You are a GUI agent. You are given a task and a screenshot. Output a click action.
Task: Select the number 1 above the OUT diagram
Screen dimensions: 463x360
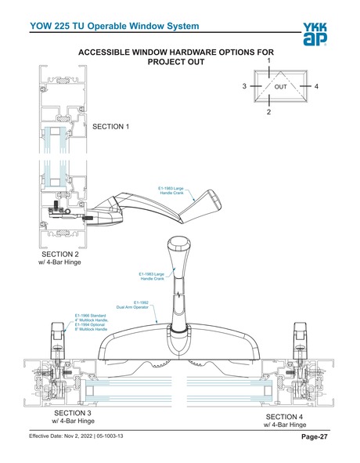268,60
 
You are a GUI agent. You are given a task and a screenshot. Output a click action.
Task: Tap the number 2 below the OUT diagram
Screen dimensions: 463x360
268,113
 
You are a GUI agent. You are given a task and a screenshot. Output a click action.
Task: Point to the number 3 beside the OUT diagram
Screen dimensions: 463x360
244,86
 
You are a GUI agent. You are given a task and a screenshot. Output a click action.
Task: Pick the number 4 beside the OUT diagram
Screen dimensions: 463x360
316,86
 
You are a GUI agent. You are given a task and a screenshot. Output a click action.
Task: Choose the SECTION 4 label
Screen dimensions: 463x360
290,417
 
